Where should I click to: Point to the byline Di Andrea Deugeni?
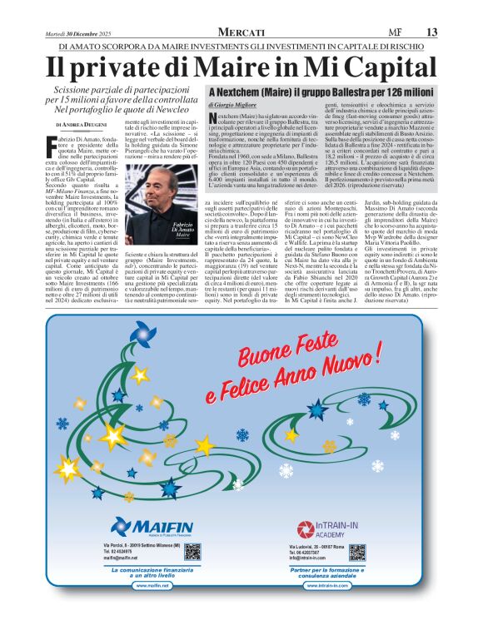[80, 124]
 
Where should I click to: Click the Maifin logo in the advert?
[147, 525]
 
